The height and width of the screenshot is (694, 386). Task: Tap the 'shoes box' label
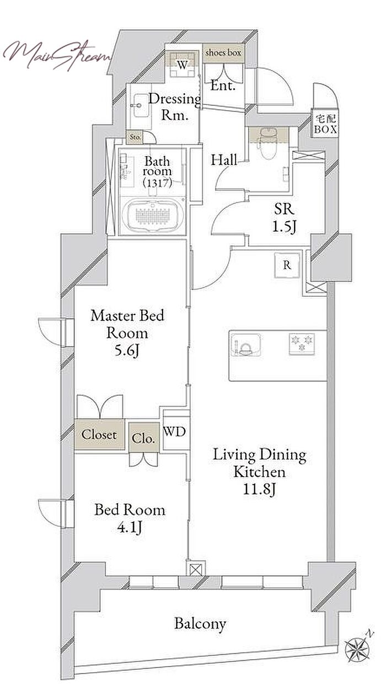point(223,52)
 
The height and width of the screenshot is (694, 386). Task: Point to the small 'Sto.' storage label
point(135,137)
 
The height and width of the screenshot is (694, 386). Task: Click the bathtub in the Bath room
point(153,216)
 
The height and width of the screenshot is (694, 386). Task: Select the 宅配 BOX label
point(325,124)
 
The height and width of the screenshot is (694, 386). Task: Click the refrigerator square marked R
point(287,265)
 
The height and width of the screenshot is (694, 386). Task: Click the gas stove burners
point(302,344)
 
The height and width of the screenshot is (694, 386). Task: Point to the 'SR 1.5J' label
point(284,218)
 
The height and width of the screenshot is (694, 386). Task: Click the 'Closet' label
point(99,434)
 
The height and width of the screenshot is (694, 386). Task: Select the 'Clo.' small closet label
point(143,438)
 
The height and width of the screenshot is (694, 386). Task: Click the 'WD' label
point(174,431)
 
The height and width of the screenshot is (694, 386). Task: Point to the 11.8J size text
point(260,489)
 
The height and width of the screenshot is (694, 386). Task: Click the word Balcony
point(200,623)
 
